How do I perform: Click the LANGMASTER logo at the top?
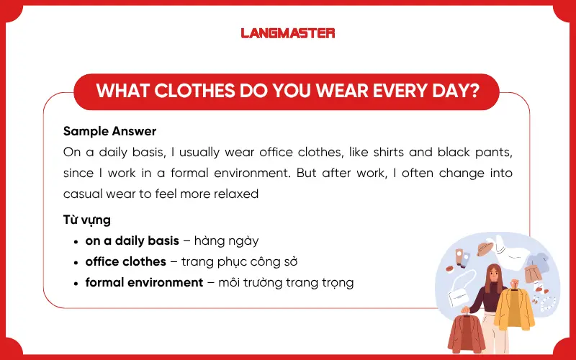[x=288, y=32]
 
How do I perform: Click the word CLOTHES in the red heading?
[x=189, y=91]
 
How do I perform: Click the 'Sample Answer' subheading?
[x=109, y=132]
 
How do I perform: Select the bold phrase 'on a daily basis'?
[x=132, y=241]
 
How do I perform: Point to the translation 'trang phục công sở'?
[x=240, y=261]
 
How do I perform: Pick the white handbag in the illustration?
[x=459, y=295]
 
